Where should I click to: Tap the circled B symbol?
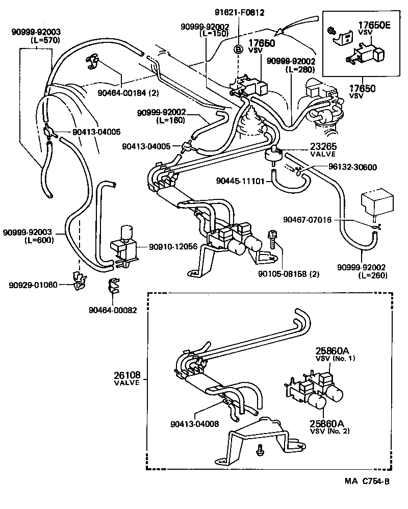(238, 49)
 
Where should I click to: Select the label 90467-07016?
(307, 220)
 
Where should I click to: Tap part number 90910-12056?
(173, 247)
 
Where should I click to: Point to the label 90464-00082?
(113, 310)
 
